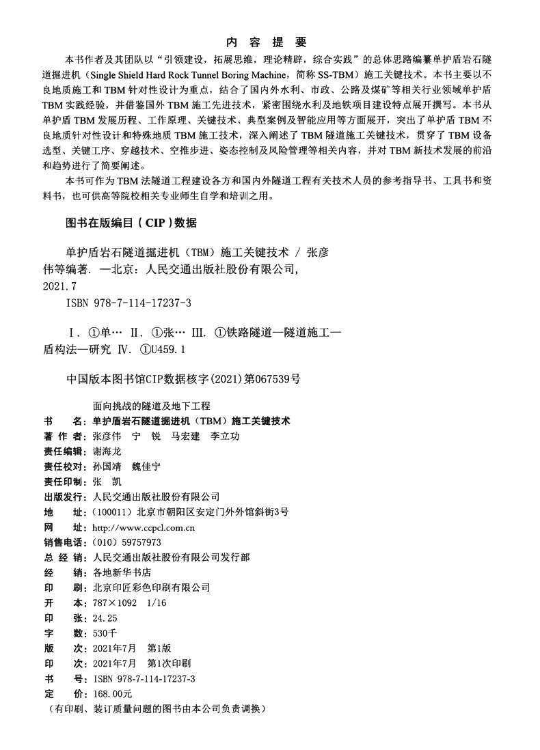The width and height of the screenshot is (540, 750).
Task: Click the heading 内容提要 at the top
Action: coord(270,41)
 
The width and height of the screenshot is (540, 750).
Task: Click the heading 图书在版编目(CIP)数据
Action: coord(130,223)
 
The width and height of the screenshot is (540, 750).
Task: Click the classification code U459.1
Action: coord(167,349)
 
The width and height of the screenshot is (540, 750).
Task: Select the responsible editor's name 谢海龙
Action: coord(105,451)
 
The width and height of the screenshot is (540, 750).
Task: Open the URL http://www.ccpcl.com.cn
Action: coord(144,527)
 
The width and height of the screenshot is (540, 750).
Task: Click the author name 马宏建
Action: coord(185,436)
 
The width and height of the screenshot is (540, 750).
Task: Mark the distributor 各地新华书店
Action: coord(121,572)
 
